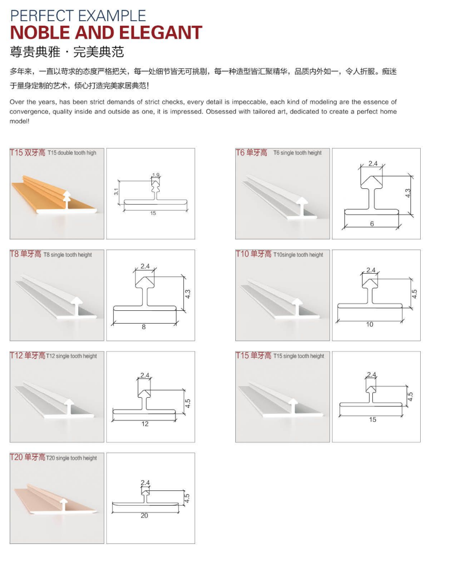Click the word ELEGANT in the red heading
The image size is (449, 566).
160,33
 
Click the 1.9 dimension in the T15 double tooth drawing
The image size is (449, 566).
156,175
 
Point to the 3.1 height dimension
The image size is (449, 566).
116,192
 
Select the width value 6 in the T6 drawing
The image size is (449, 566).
372,224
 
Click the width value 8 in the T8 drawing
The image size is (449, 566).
144,327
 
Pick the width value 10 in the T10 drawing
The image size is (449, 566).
370,325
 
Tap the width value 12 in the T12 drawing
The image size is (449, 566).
145,424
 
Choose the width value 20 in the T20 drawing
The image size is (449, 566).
145,516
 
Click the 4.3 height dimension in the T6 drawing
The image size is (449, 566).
408,193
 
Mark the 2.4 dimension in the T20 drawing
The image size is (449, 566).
145,483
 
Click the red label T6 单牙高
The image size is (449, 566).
251,153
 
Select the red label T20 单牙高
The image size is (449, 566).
27,457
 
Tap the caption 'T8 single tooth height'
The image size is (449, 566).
67,255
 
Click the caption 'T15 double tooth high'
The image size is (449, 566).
72,153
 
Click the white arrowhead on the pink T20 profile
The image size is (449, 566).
63,502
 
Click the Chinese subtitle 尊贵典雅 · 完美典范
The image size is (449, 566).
67,52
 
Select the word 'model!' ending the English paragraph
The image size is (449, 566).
20,121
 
